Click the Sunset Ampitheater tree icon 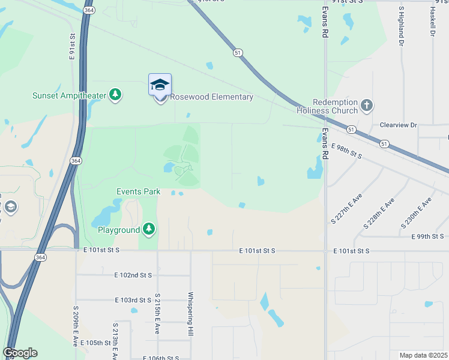click(115, 95)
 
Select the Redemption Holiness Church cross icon click(367, 106)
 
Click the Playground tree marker click(149, 229)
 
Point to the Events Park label click(138, 192)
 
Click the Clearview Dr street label click(398, 125)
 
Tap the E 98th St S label click(347, 151)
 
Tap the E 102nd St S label click(133, 275)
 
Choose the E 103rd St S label click(133, 299)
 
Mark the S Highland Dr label click(400, 28)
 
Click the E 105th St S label click(99, 343)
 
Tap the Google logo click(20, 353)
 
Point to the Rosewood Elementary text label click(212, 97)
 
